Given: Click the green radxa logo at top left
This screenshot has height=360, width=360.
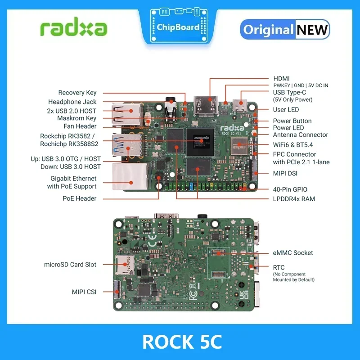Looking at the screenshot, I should click(x=73, y=28).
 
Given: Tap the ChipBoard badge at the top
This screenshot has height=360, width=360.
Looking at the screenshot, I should click(x=178, y=27).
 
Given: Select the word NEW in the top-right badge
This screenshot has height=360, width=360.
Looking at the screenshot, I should click(x=312, y=30).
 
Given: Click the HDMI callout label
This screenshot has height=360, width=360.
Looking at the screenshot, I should click(x=282, y=78).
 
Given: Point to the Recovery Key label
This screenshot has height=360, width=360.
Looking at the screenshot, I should click(x=77, y=93).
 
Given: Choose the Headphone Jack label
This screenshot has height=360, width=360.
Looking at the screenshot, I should click(x=72, y=102).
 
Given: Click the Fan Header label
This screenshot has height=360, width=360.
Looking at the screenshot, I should click(x=80, y=126).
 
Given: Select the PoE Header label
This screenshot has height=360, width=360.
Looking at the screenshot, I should click(x=79, y=198).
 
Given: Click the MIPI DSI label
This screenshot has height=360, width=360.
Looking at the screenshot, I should click(x=285, y=173).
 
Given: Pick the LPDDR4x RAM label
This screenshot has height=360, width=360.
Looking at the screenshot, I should click(x=294, y=198).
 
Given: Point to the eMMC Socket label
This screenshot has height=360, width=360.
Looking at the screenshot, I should click(x=293, y=253).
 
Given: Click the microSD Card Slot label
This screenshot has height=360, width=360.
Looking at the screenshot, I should click(x=70, y=265).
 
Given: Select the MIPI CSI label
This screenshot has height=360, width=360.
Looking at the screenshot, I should click(x=84, y=292).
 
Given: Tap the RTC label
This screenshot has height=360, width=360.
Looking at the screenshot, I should click(x=279, y=268).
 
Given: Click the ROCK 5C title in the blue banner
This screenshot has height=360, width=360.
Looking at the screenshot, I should click(x=180, y=342).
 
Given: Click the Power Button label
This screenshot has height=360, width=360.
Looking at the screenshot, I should click(x=292, y=121).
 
